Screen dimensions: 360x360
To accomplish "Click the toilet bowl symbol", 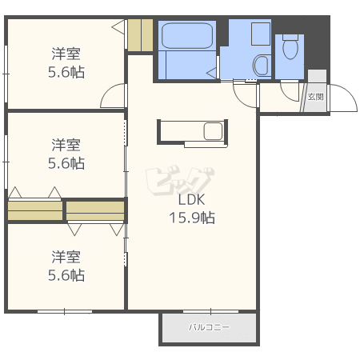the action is click(x=290, y=50).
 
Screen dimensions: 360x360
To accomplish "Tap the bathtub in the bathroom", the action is click(x=187, y=36).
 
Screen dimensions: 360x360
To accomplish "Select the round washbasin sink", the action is click(x=261, y=66).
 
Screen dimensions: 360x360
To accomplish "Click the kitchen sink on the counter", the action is click(x=213, y=131).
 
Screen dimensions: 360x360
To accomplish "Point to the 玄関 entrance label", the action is click(x=316, y=97).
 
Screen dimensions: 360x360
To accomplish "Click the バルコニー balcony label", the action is click(x=209, y=327).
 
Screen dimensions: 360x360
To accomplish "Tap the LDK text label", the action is click(x=191, y=199).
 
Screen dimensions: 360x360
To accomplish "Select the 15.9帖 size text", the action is click(x=192, y=218).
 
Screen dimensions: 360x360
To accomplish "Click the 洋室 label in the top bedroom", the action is click(x=66, y=54).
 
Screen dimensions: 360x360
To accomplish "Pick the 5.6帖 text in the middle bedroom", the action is click(x=66, y=163).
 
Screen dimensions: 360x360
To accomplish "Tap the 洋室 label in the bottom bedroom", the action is click(x=66, y=257).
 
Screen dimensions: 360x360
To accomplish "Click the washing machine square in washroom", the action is click(x=261, y=34).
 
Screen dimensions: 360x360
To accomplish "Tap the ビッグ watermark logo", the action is click(x=180, y=182).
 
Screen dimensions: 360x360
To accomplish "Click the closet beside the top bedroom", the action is click(x=140, y=35).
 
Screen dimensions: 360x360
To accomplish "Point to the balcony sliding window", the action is click(x=210, y=311).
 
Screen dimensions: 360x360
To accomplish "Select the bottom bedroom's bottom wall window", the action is click(x=65, y=311).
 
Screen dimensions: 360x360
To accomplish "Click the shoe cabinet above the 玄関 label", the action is click(x=317, y=76).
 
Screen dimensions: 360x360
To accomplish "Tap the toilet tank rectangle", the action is click(x=290, y=37).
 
